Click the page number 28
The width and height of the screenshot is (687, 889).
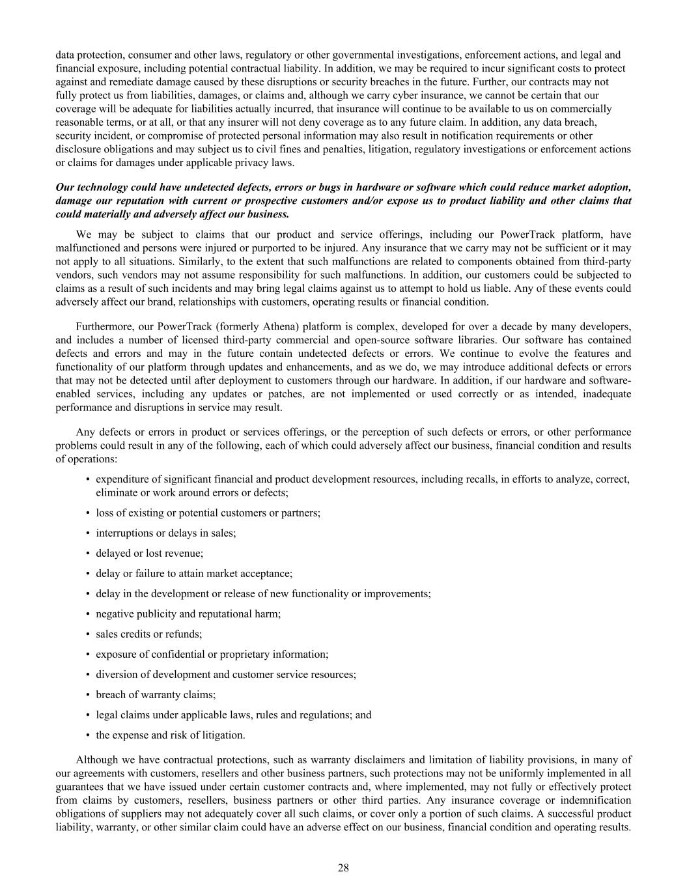[x=343, y=868]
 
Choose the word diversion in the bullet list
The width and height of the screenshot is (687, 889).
[x=117, y=674]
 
